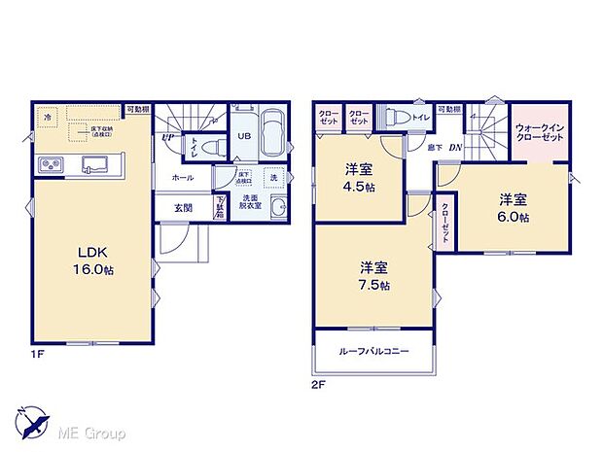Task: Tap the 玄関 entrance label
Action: (x=184, y=207)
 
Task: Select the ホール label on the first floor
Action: (x=182, y=178)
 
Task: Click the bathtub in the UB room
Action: (x=273, y=135)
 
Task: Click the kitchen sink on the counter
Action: (x=94, y=162)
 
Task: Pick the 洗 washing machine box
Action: (x=274, y=178)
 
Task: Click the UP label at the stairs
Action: (x=168, y=137)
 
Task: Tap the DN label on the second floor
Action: (x=455, y=146)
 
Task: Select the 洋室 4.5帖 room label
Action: (x=358, y=178)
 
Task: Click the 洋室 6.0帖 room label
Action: (x=514, y=208)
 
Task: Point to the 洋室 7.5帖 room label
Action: (x=373, y=275)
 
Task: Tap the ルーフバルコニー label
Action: (x=373, y=351)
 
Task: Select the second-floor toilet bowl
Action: (x=396, y=116)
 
